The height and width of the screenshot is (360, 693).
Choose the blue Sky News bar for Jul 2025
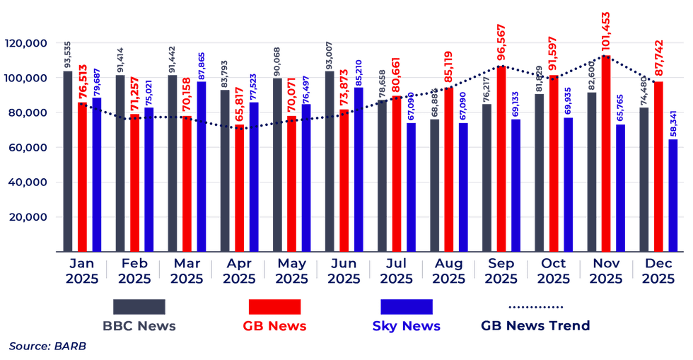(411, 187)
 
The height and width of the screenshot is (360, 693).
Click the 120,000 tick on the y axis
(26, 43)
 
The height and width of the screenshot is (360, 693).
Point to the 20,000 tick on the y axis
(29, 217)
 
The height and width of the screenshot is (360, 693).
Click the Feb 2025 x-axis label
(134, 271)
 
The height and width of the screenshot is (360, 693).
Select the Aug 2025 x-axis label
(448, 271)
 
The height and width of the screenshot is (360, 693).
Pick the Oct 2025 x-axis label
(553, 271)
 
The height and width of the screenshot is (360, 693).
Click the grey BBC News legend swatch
(139, 307)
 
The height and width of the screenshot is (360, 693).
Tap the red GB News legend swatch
(274, 307)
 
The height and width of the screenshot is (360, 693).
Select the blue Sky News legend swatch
(406, 307)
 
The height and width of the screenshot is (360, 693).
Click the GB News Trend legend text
(535, 326)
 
